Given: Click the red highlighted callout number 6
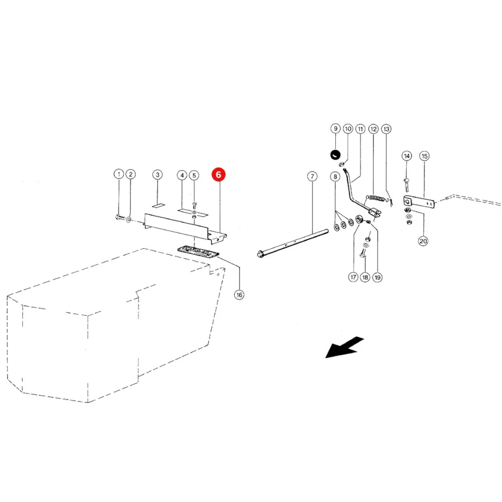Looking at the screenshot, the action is pyautogui.click(x=218, y=175).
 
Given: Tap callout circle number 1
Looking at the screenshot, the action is pyautogui.click(x=119, y=174).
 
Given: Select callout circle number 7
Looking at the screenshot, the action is pyautogui.click(x=312, y=176).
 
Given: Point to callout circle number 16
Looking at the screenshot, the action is pyautogui.click(x=239, y=295).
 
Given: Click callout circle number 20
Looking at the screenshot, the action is pyautogui.click(x=423, y=241).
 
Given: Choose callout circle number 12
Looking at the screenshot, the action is pyautogui.click(x=373, y=129).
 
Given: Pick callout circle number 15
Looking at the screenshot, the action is pyautogui.click(x=424, y=156).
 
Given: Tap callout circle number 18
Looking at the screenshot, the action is pyautogui.click(x=365, y=277).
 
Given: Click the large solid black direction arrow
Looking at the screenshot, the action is pyautogui.click(x=345, y=347).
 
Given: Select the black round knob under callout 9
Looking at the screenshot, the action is pyautogui.click(x=335, y=155).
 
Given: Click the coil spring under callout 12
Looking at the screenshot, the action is pyautogui.click(x=376, y=198).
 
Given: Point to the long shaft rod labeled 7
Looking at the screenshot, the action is pyautogui.click(x=293, y=243).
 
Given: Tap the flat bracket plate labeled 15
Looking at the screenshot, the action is pyautogui.click(x=419, y=202).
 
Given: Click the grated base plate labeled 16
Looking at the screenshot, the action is pyautogui.click(x=198, y=250).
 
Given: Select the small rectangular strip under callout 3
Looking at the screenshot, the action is pyautogui.click(x=158, y=205).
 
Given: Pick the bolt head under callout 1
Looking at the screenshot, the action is pyautogui.click(x=118, y=218).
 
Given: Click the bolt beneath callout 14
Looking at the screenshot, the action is pyautogui.click(x=407, y=185).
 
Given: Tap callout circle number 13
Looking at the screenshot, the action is pyautogui.click(x=387, y=129).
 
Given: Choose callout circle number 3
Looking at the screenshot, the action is pyautogui.click(x=157, y=175).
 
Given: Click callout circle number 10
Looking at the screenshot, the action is pyautogui.click(x=348, y=129).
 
